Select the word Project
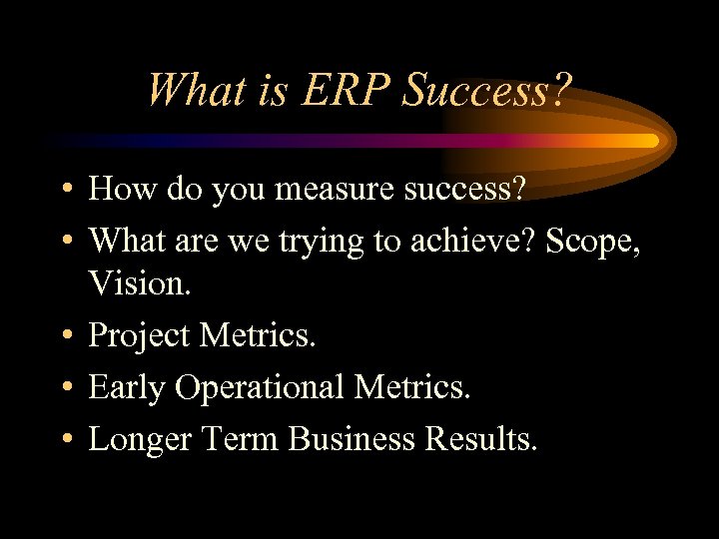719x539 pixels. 140,336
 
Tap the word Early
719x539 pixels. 127,387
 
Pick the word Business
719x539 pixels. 348,438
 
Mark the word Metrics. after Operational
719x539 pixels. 409,387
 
